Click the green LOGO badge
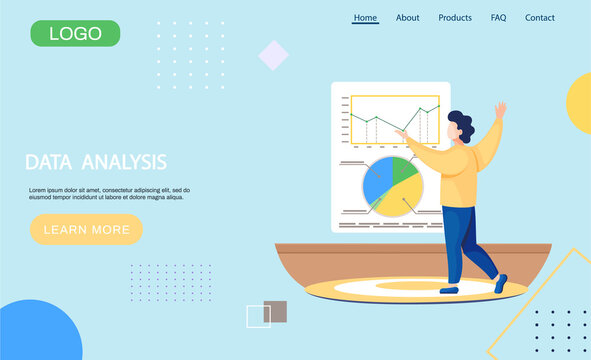click(75, 33)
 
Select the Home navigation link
click(366, 17)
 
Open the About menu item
click(408, 17)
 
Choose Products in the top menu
click(455, 17)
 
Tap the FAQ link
click(498, 17)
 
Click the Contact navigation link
click(540, 17)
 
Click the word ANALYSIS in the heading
click(126, 162)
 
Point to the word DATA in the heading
click(47, 162)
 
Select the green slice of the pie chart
click(404, 168)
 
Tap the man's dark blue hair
click(461, 124)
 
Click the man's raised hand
click(500, 108)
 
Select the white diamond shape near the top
click(273, 55)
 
